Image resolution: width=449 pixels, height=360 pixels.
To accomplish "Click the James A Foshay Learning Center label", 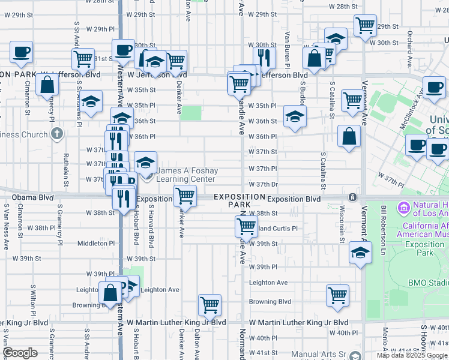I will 185,175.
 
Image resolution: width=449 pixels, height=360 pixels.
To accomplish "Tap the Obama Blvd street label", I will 38,197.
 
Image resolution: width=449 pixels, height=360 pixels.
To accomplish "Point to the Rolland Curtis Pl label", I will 276,229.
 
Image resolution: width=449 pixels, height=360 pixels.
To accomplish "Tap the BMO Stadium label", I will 429,282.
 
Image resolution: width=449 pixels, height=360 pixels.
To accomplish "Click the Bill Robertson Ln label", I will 383,228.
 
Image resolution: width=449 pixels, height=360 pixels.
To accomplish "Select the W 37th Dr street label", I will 264,184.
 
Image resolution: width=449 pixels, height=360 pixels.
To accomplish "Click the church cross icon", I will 56,133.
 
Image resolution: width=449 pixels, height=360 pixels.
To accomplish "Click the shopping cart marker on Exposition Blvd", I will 185,196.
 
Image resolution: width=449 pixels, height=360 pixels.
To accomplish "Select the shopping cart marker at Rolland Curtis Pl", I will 246,226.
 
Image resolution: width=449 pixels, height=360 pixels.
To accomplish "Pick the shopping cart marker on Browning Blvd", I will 338,295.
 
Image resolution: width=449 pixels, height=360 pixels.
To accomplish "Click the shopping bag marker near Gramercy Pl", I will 47,85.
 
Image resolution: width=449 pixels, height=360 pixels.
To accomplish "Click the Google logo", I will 20,353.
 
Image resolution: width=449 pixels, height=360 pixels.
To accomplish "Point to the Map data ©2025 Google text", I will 412,355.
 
